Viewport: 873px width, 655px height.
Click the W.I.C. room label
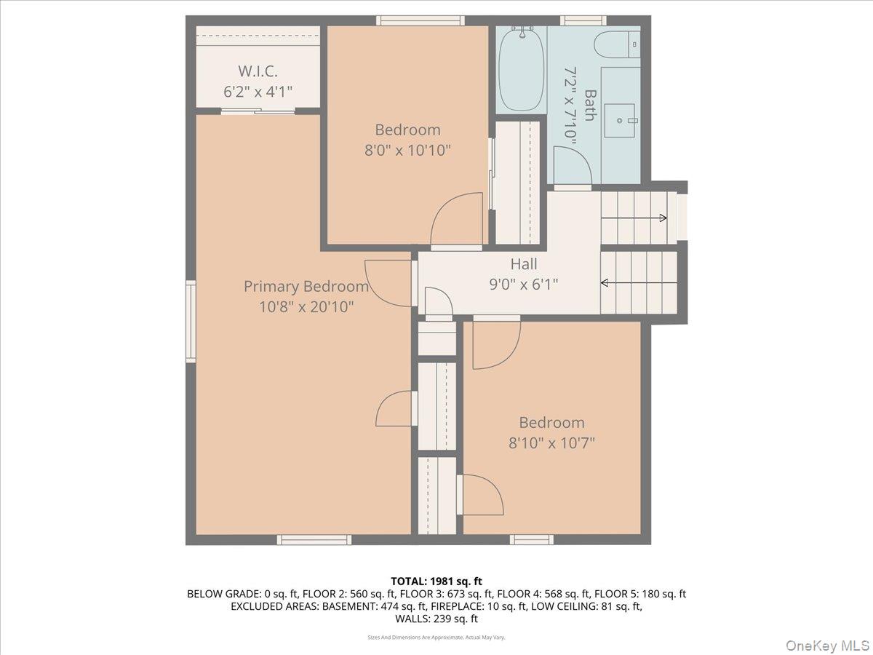pyautogui.click(x=258, y=71)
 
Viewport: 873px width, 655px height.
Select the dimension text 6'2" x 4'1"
pyautogui.click(x=258, y=92)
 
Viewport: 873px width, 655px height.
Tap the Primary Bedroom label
pyautogui.click(x=306, y=287)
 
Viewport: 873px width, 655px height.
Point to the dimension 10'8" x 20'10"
pyautogui.click(x=306, y=307)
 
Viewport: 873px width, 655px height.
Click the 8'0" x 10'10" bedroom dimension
pyautogui.click(x=407, y=151)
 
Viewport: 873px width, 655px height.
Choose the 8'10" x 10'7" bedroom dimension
pyautogui.click(x=551, y=442)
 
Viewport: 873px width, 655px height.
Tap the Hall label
pyautogui.click(x=524, y=264)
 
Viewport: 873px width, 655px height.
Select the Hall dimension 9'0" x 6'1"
pyautogui.click(x=524, y=285)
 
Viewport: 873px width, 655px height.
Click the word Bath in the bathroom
pyautogui.click(x=590, y=106)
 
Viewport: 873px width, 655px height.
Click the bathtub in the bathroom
pyautogui.click(x=521, y=69)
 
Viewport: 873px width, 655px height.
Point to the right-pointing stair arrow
pyautogui.click(x=661, y=218)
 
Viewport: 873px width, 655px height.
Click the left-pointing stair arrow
pyautogui.click(x=605, y=283)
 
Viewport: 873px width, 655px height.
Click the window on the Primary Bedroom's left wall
pyautogui.click(x=191, y=322)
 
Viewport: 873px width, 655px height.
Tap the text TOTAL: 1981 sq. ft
pyautogui.click(x=436, y=581)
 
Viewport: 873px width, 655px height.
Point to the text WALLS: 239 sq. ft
pyautogui.click(x=436, y=619)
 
